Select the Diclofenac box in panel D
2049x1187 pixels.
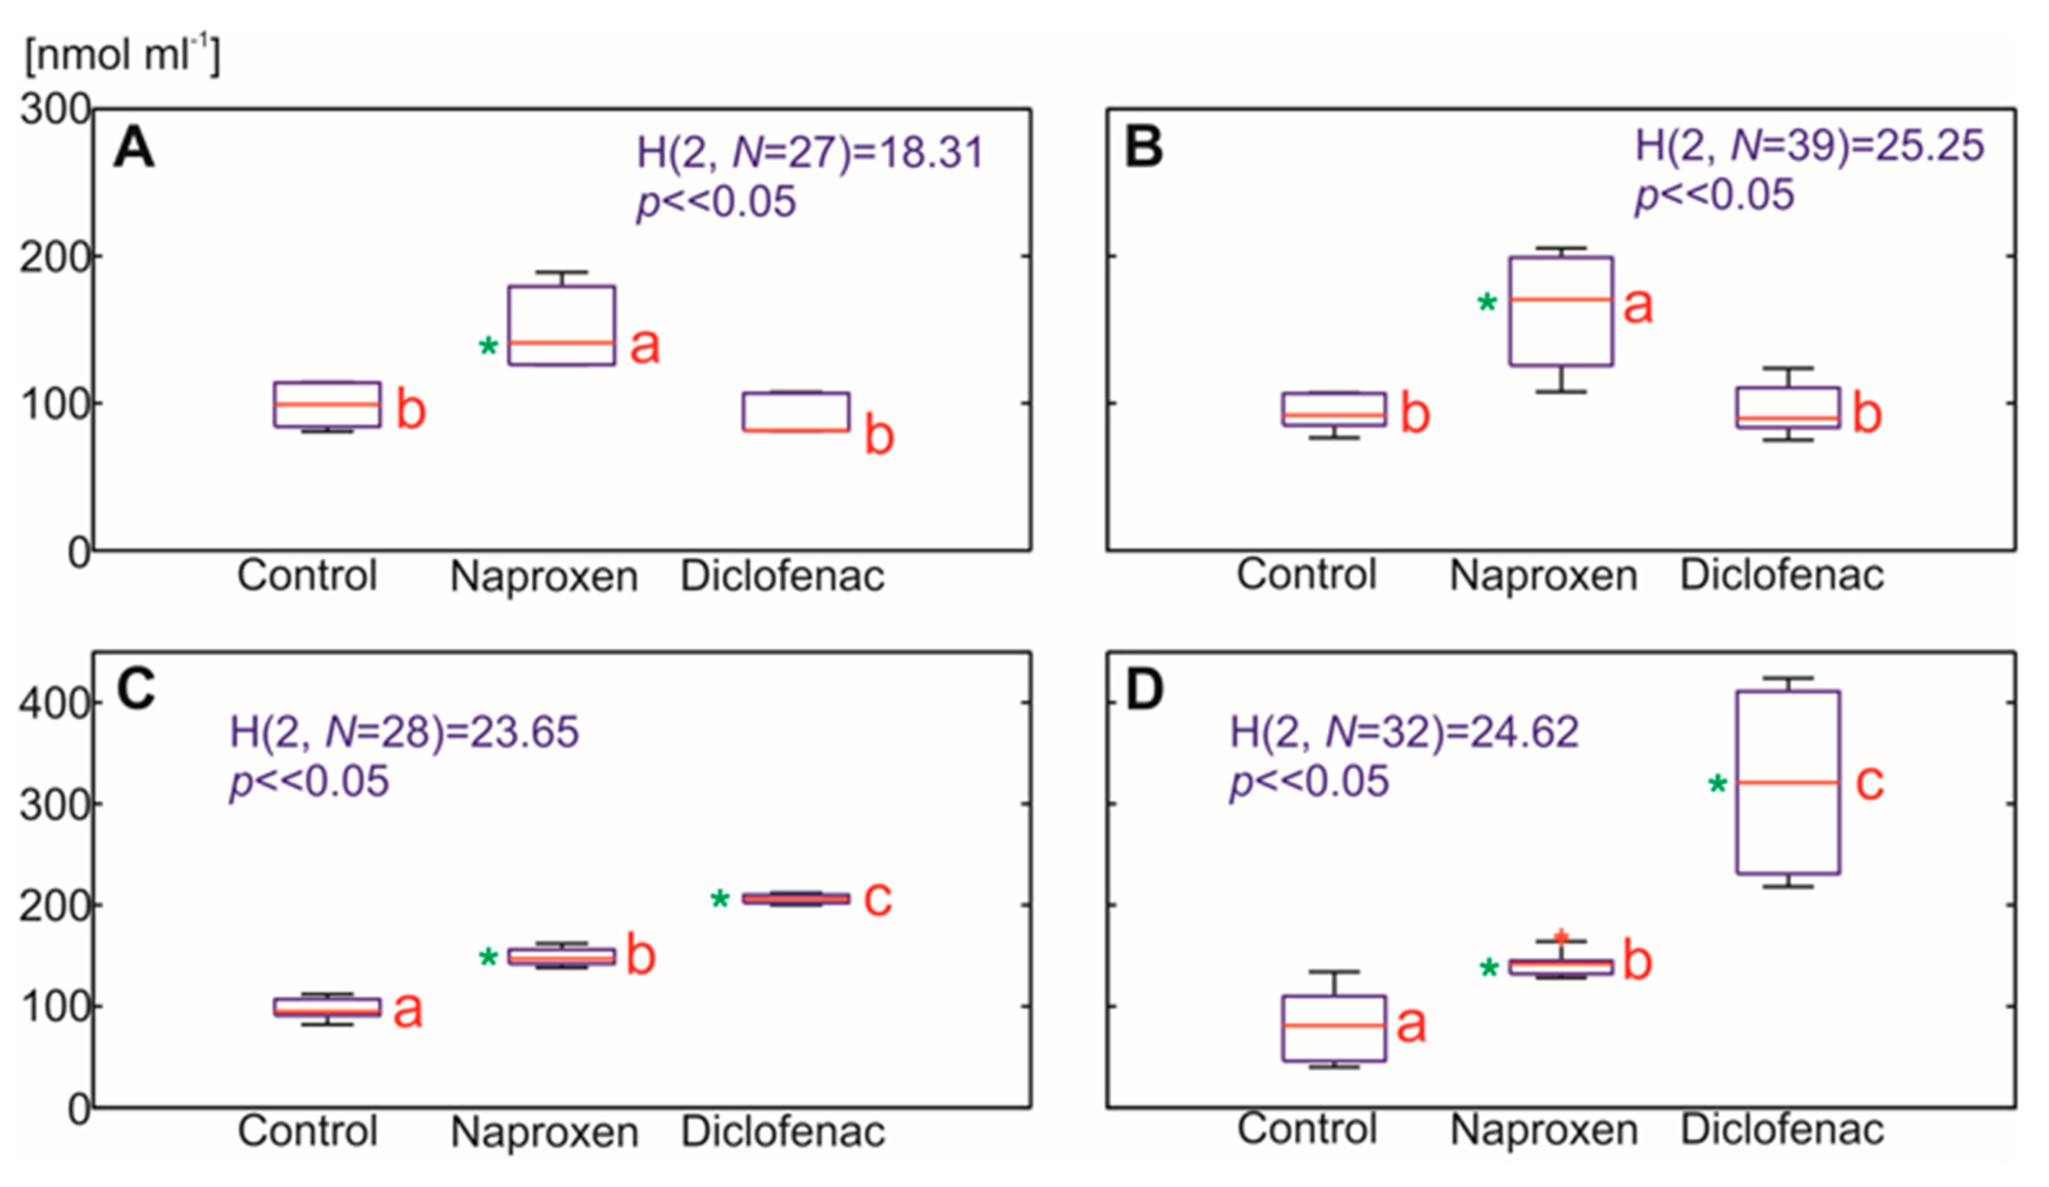pos(1788,783)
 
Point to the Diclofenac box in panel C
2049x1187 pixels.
pos(796,898)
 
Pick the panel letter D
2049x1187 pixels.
pos(1144,690)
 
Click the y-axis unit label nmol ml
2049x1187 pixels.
pos(122,55)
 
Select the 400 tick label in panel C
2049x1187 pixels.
pos(55,703)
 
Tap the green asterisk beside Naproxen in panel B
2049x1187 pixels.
pos(1486,304)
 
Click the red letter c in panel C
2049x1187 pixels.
pos(878,898)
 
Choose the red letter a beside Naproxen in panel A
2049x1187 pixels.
pos(645,346)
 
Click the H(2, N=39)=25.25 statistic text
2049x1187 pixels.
pos(1809,146)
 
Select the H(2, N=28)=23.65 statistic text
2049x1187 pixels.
pos(404,731)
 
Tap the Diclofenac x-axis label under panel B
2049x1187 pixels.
pos(1781,576)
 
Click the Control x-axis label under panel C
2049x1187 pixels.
pos(307,1131)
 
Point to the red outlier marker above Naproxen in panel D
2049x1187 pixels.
pos(1561,937)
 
